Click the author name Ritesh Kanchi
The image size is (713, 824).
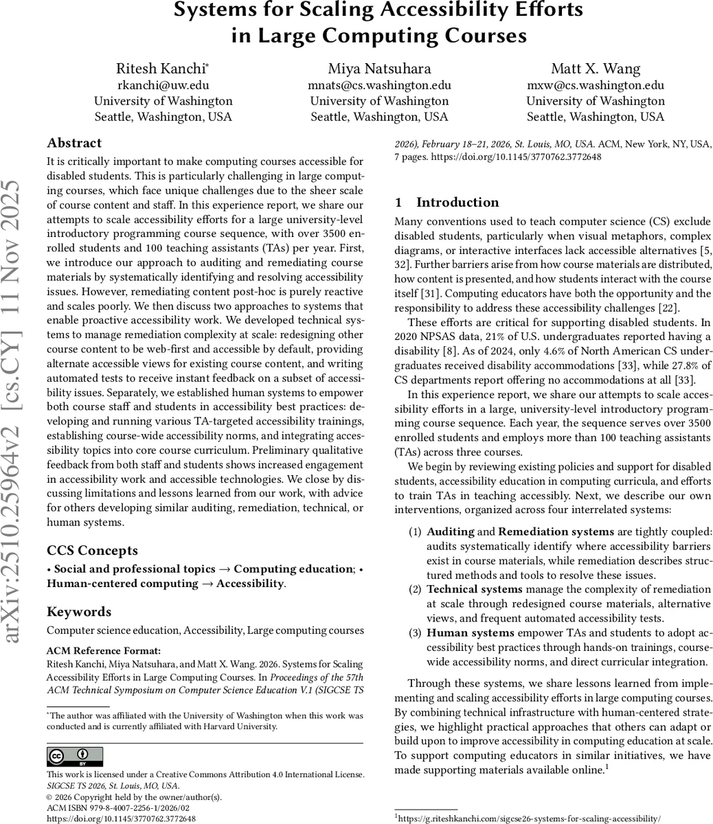(x=161, y=69)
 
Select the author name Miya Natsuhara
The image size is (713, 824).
(x=379, y=69)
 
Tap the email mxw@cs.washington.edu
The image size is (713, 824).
(x=596, y=85)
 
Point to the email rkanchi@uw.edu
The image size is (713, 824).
(x=163, y=85)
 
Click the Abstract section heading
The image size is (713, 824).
(x=74, y=143)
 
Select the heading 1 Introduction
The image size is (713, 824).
(x=448, y=202)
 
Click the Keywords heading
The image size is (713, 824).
(x=78, y=611)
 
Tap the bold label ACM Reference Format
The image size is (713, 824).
(x=104, y=650)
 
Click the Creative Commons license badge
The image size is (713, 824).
(x=75, y=757)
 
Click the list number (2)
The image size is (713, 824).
(x=416, y=589)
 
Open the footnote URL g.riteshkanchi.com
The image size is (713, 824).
(x=530, y=818)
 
